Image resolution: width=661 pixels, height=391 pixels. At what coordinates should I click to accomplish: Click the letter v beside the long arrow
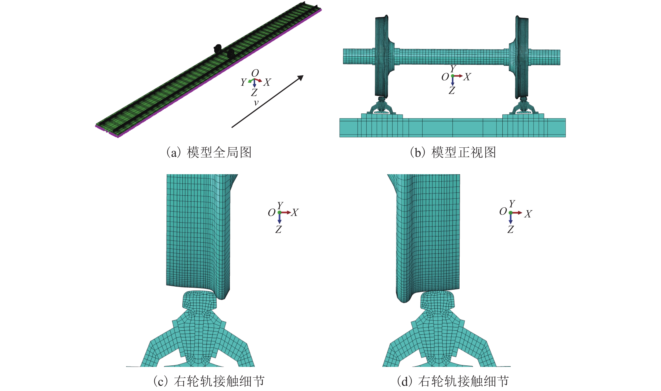tap(256, 103)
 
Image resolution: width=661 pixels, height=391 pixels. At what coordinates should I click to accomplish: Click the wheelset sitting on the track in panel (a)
tap(224, 52)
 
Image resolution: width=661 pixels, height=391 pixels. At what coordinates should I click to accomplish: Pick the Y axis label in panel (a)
tap(243, 82)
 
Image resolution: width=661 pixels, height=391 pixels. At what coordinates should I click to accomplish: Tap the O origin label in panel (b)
tap(445, 77)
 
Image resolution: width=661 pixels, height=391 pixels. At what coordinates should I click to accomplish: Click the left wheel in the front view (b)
tap(382, 57)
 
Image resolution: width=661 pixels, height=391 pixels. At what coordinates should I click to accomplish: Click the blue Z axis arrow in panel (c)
tap(280, 218)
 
